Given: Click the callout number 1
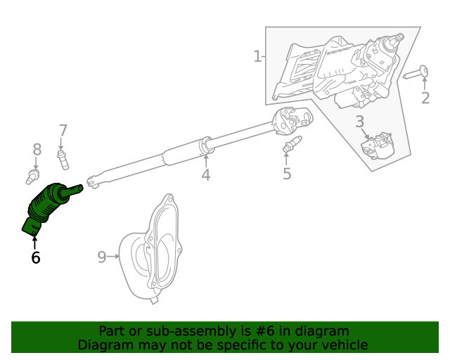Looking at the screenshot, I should (257, 56).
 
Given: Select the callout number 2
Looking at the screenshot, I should (425, 98).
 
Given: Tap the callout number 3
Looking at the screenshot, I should (360, 122).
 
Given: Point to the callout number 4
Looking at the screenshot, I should (205, 175).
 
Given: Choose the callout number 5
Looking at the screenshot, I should (287, 174).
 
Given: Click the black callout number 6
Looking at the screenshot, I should (35, 258).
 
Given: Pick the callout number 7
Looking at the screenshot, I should (63, 130).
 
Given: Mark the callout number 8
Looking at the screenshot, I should (37, 149).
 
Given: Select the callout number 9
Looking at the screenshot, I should (101, 257).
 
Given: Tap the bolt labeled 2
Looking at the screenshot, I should (416, 73).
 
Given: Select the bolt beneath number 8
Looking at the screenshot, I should (34, 175).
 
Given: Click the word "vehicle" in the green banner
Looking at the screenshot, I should (342, 345).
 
